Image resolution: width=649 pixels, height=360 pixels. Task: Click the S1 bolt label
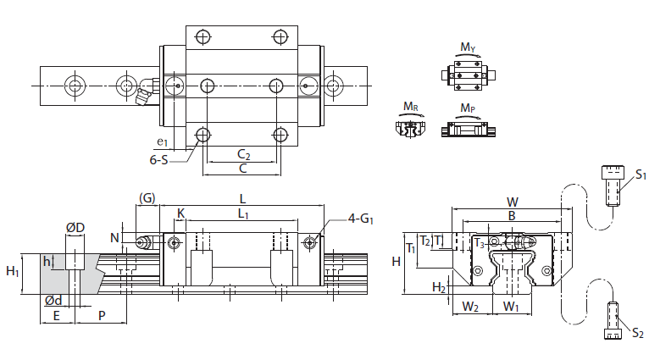tap(641, 174)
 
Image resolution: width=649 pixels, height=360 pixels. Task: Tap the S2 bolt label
tap(637, 334)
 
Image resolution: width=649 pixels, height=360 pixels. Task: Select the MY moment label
tap(468, 47)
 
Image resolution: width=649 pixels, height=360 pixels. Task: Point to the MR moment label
tap(411, 107)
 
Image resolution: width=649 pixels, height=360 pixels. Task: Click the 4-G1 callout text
tap(362, 220)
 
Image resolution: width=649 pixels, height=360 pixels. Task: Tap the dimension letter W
tap(513, 202)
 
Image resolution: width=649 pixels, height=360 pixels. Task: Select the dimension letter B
tap(511, 216)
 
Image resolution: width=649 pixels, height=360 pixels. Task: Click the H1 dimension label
tap(14, 272)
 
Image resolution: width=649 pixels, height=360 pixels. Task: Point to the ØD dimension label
tap(75, 229)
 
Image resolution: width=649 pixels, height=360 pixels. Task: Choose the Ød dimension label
tap(53, 301)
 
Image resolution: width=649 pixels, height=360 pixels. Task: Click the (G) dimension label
tap(147, 198)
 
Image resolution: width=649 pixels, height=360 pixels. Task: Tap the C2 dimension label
tap(243, 154)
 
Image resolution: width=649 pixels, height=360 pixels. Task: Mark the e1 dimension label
tap(162, 142)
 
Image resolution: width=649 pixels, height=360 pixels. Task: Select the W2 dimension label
tap(470, 307)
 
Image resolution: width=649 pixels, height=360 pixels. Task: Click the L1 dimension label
tap(242, 215)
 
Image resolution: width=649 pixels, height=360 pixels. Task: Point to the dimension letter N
tap(114, 238)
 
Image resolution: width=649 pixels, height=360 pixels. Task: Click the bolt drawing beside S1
tap(612, 185)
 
